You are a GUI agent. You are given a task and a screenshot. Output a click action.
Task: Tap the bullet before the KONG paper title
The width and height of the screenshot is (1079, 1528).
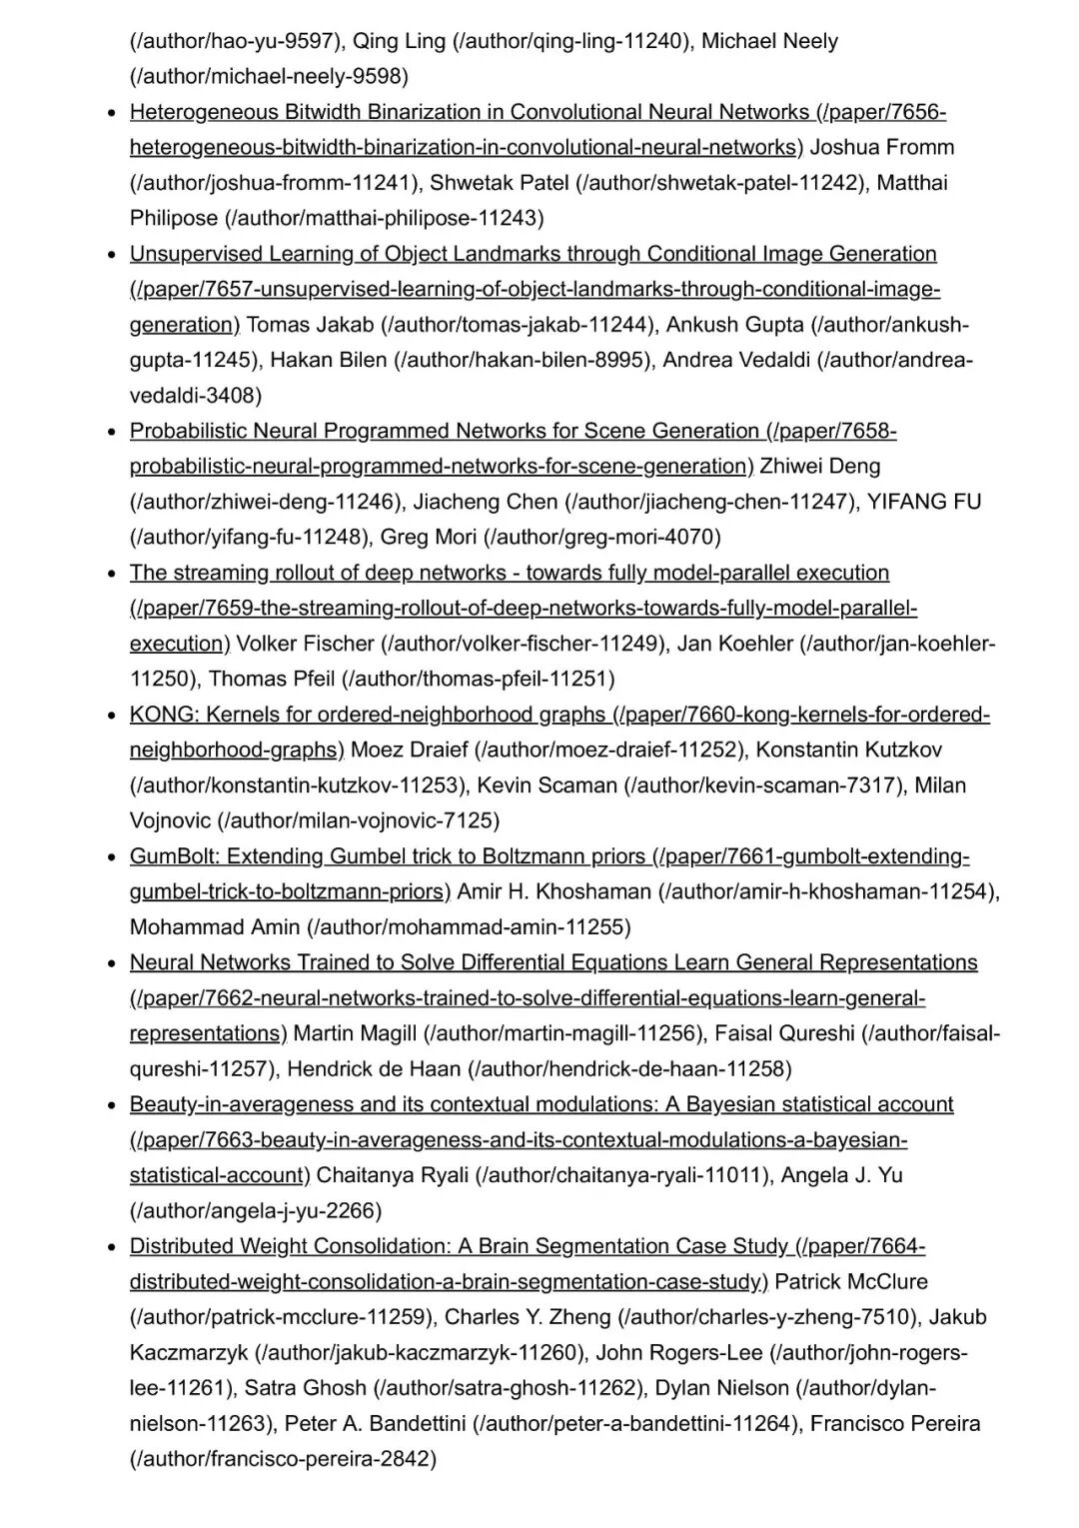tap(113, 716)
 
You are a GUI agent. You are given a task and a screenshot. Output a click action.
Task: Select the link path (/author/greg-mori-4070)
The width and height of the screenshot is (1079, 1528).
tap(602, 538)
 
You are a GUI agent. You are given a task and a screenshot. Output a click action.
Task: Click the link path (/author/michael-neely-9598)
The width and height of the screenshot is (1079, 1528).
tap(269, 77)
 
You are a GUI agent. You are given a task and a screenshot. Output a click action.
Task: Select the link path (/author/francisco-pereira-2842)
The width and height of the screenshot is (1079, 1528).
tap(283, 1459)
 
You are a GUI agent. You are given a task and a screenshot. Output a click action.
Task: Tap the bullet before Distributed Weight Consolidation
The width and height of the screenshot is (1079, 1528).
tap(113, 1247)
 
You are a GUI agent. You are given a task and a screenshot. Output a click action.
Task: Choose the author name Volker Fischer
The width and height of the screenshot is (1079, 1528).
tap(305, 644)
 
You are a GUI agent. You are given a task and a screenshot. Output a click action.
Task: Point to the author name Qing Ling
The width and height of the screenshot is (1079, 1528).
tap(400, 41)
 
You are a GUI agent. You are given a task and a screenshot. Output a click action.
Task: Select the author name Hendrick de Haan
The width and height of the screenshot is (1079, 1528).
tap(374, 1069)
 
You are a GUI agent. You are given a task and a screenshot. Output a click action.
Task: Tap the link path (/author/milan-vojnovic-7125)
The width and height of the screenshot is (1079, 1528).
tap(358, 821)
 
